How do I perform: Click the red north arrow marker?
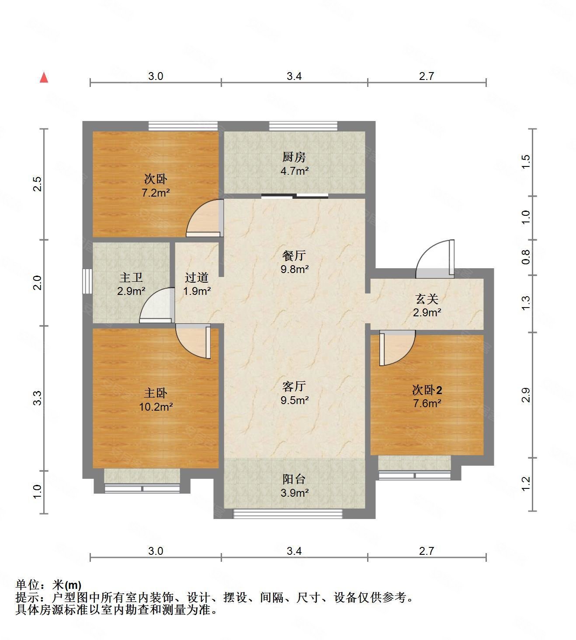[44, 78]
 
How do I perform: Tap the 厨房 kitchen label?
[294, 157]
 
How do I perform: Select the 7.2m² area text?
[156, 192]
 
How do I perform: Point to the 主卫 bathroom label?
[131, 277]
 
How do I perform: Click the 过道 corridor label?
[197, 277]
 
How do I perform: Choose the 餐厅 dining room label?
[294, 256]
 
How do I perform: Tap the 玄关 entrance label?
[427, 299]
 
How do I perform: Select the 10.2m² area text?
[156, 407]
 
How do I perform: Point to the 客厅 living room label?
[294, 387]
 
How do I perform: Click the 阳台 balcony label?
[294, 479]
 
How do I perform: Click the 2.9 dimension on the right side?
[526, 395]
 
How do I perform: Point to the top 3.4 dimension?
[294, 76]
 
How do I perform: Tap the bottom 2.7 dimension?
[426, 551]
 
